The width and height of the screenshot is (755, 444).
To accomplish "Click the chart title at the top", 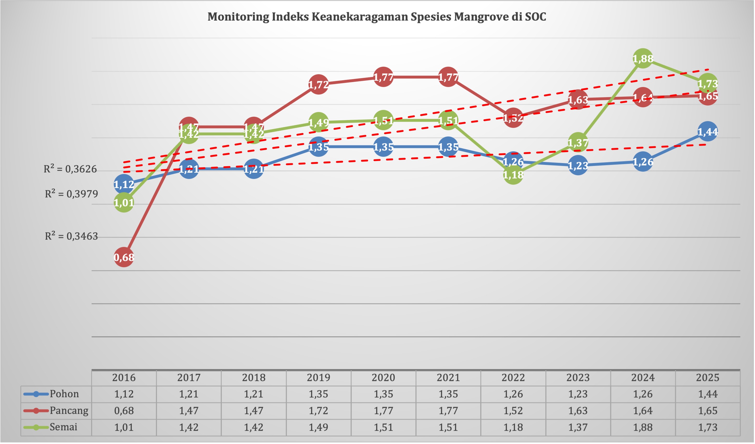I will (x=377, y=16).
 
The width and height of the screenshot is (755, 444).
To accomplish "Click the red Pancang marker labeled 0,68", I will (x=124, y=257).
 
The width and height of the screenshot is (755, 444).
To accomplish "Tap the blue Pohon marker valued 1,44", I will (x=707, y=132).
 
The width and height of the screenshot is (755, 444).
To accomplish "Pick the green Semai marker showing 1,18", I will (x=513, y=174).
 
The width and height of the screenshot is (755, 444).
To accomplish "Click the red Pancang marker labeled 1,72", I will (x=318, y=84).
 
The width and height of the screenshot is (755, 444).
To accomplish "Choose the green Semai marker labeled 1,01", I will (x=124, y=203).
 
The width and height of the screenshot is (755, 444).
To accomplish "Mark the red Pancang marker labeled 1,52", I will (x=513, y=118).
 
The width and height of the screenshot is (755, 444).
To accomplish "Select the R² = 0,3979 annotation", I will (x=71, y=194).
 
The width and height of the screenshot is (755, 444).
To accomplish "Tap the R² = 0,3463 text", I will (x=71, y=236).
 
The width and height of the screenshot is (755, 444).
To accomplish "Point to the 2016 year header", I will (x=124, y=377).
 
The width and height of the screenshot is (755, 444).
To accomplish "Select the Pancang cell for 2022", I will (x=513, y=410).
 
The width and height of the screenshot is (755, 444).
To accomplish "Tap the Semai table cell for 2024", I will (x=643, y=427).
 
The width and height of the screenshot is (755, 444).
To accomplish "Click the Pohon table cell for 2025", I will (x=708, y=394).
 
